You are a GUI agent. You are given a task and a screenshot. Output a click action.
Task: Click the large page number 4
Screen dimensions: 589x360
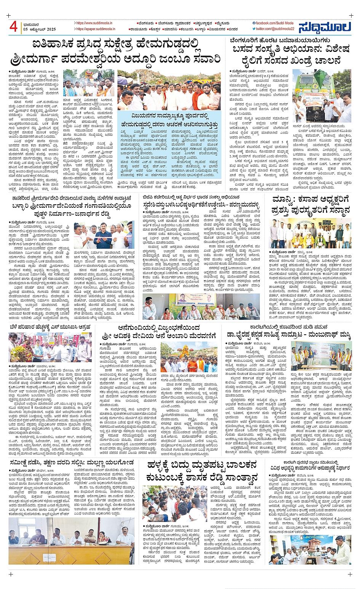coord(13,27)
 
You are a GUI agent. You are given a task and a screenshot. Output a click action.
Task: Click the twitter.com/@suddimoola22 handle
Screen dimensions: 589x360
coord(274,29)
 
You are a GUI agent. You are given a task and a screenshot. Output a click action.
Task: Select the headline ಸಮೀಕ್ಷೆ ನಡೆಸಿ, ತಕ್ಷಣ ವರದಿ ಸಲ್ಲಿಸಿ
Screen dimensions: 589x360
coord(71,462)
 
